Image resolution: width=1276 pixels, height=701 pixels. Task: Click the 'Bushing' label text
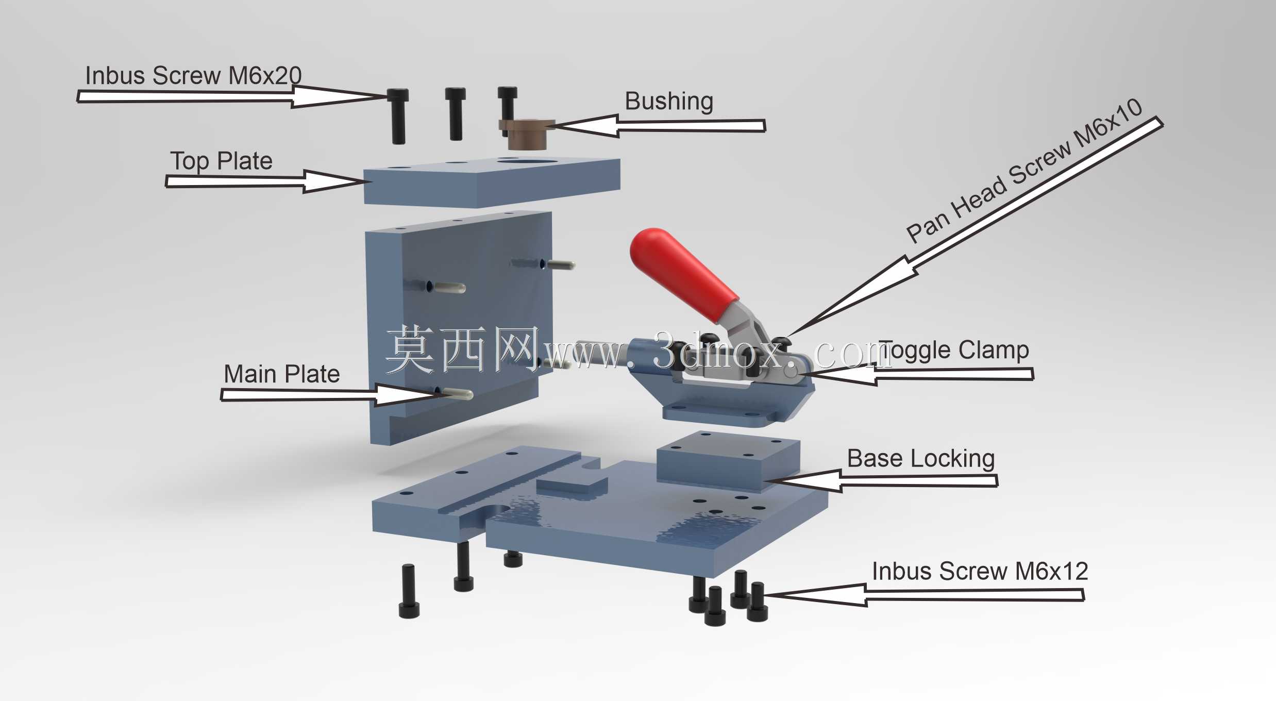point(669,102)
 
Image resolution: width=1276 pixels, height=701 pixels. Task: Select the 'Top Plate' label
point(221,161)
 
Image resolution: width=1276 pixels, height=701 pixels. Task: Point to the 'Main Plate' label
point(282,374)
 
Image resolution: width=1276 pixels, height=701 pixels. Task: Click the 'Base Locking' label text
point(921,458)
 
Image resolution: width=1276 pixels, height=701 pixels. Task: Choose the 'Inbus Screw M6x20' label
point(193,75)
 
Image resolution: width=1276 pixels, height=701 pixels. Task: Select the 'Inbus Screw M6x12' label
point(980,571)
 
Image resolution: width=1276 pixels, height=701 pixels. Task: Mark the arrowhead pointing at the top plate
point(335,181)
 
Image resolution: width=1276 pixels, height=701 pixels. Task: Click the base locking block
point(729,461)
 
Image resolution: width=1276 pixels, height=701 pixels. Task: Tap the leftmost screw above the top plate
point(398,116)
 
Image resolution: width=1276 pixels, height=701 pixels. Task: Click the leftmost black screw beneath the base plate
point(409,591)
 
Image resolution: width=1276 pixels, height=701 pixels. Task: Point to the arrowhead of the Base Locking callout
point(804,480)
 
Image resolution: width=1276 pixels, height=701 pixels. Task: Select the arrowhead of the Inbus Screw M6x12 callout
point(815,595)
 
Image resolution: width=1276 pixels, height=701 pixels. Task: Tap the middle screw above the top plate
point(455,113)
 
